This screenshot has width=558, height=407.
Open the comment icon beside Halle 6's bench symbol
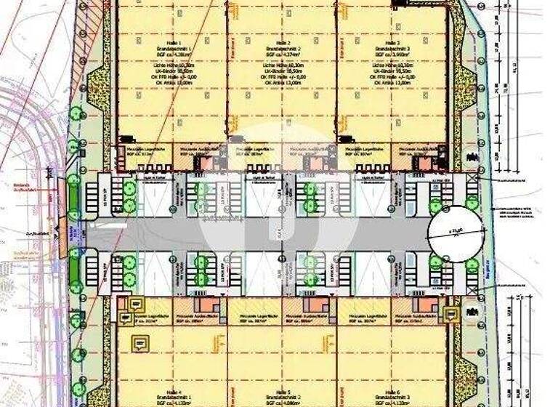[452, 315]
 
